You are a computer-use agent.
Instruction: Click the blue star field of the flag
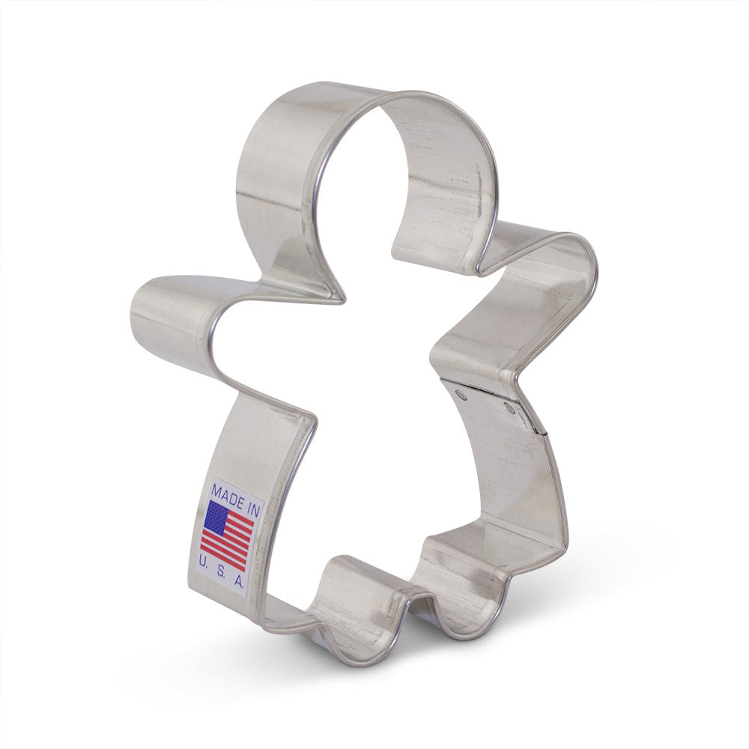pyautogui.click(x=216, y=516)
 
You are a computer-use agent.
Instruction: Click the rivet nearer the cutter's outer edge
pyautogui.click(x=510, y=408)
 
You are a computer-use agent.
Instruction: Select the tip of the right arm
pyautogui.click(x=588, y=258)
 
